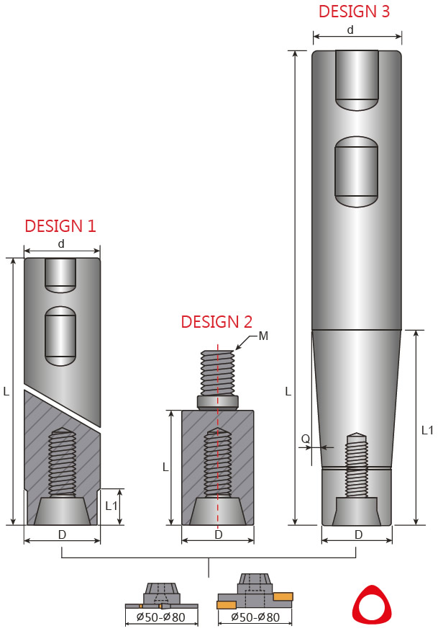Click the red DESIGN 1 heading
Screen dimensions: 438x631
(60, 226)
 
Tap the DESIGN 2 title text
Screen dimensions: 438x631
(216, 322)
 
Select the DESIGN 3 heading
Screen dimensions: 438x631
(354, 12)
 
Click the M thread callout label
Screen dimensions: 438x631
(263, 336)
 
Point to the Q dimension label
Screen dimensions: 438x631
(306, 439)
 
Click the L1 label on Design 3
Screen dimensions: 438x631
(427, 430)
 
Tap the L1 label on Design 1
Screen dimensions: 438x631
(111, 506)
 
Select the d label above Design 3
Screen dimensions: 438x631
(350, 30)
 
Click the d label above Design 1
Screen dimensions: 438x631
(61, 244)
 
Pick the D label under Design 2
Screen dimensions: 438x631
(218, 534)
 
